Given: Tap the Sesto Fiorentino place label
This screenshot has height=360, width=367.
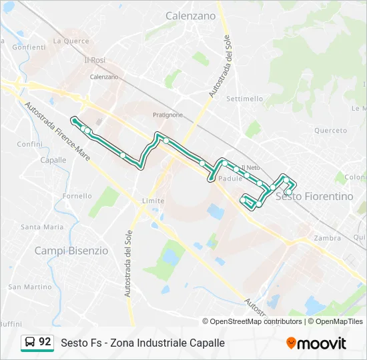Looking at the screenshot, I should tap(314, 197).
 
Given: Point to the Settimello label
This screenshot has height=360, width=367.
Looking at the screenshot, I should tap(245, 99).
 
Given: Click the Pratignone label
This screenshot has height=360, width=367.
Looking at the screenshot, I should tap(167, 115).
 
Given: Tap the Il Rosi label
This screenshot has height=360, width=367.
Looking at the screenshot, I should tap(94, 60).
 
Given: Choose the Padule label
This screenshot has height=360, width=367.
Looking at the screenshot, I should tap(230, 179).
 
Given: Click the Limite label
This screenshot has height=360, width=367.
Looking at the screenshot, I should tap(153, 201).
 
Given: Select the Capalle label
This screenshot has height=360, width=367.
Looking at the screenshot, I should tap(53, 160).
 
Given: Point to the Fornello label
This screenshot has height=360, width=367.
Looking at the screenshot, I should tap(77, 196).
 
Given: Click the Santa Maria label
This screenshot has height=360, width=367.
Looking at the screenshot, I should tap(42, 227).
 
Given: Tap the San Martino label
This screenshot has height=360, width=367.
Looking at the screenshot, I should tap(29, 287).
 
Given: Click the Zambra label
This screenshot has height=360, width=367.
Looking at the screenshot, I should tap(327, 238).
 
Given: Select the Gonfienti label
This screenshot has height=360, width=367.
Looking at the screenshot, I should tap(29, 47).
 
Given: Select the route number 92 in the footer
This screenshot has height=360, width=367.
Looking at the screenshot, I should tap(45, 342).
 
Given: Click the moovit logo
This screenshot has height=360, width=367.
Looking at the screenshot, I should tap(316, 343).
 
